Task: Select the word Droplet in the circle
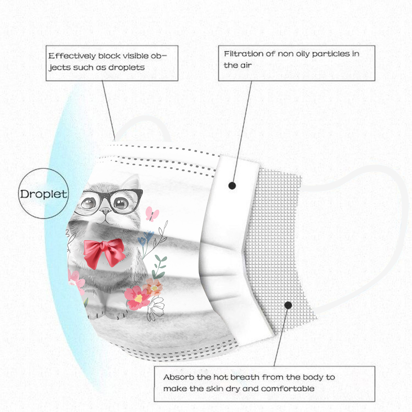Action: (x=44, y=194)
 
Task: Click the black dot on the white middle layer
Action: (x=232, y=185)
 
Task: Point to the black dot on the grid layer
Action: (x=288, y=305)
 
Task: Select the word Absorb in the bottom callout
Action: (x=179, y=377)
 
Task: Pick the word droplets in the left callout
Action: (x=126, y=67)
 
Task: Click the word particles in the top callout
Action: (x=331, y=54)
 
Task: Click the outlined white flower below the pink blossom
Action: (x=156, y=308)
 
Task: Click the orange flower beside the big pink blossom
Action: (x=153, y=287)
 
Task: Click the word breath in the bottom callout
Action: (x=245, y=377)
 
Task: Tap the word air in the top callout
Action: (x=246, y=65)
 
